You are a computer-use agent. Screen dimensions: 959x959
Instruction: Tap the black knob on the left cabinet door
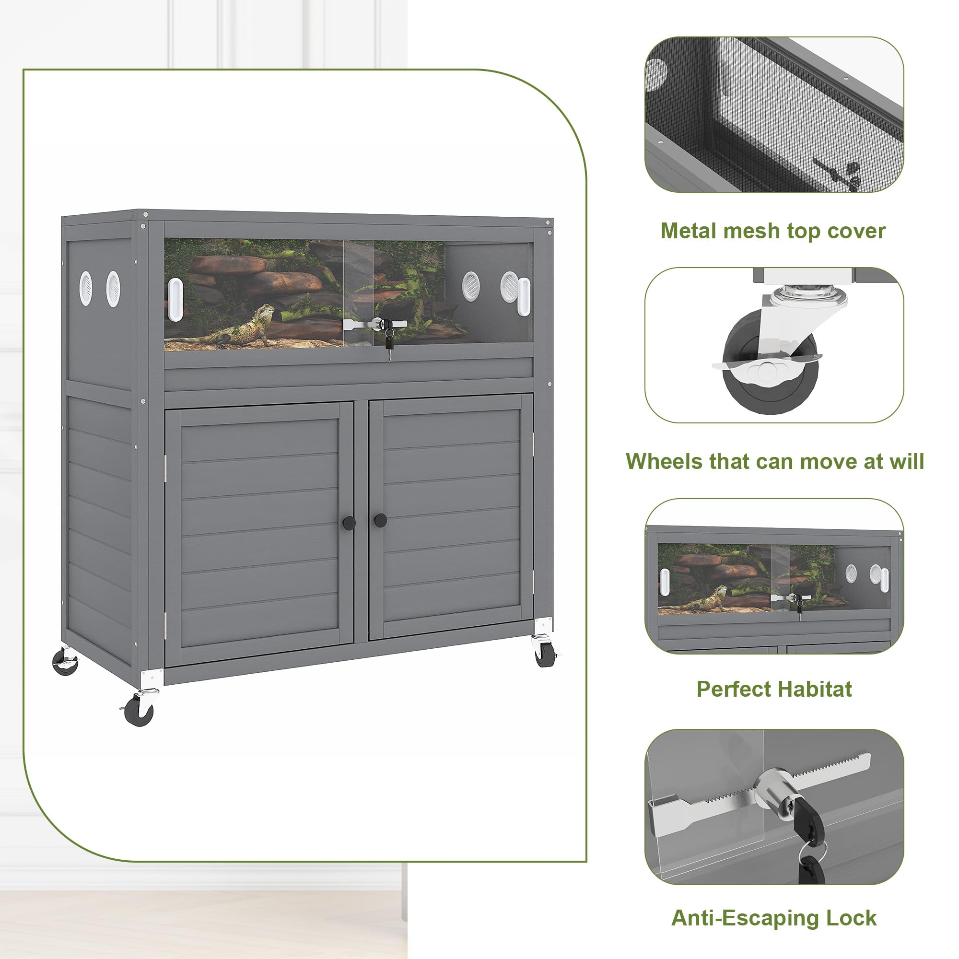(349, 522)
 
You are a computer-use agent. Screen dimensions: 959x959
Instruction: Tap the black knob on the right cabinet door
(381, 520)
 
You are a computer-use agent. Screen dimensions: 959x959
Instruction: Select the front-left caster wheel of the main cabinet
(139, 709)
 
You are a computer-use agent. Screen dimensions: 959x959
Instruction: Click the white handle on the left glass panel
(175, 300)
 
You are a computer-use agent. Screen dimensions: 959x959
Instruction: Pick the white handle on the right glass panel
(524, 296)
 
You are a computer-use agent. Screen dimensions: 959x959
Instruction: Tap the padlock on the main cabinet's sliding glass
(389, 338)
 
